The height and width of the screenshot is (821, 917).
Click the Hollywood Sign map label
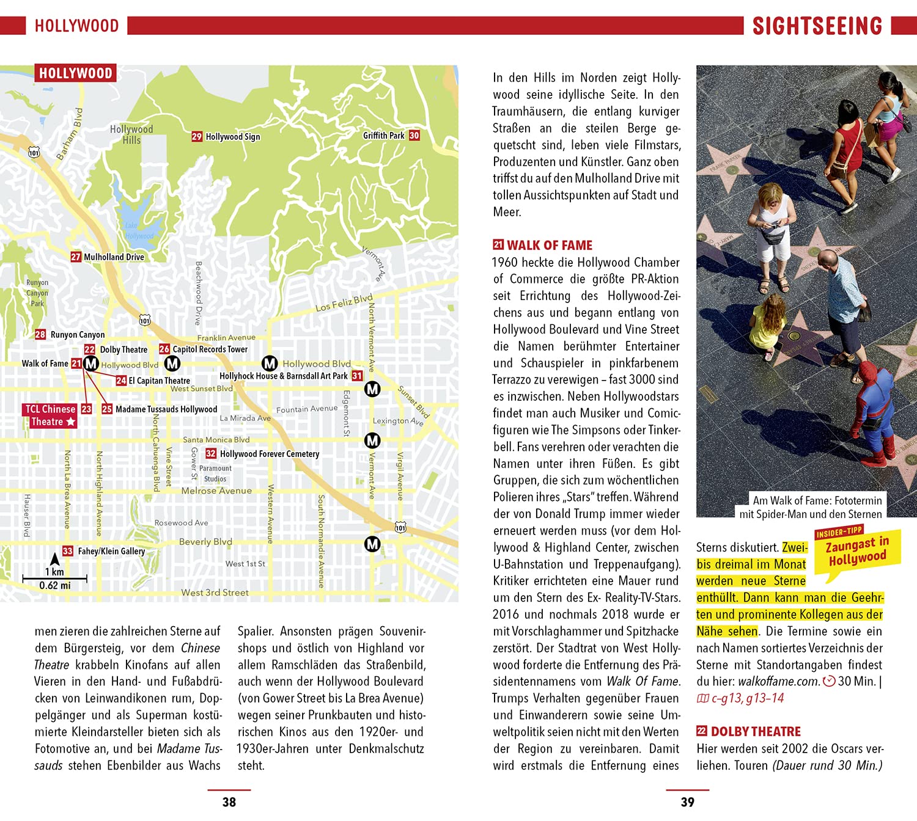(x=232, y=137)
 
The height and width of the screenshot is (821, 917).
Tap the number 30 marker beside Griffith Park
(x=414, y=136)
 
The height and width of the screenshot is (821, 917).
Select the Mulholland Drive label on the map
(x=114, y=257)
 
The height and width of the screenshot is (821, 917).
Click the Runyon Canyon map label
(x=77, y=335)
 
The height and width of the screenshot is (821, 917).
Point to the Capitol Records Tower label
(x=210, y=349)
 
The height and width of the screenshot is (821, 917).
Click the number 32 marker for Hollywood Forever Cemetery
(x=211, y=453)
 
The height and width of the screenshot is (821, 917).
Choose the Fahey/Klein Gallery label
(x=111, y=551)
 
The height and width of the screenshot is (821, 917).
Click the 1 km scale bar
(x=55, y=577)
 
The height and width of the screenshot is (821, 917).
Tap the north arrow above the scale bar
(x=54, y=559)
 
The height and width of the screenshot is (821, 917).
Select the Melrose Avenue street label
(x=216, y=491)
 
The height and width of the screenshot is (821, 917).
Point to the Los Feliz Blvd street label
(x=344, y=303)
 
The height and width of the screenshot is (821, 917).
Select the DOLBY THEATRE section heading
(x=756, y=731)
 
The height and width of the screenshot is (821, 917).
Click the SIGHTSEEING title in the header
(x=817, y=26)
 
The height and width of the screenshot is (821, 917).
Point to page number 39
(x=687, y=802)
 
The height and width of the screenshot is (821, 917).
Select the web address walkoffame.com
(x=778, y=682)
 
